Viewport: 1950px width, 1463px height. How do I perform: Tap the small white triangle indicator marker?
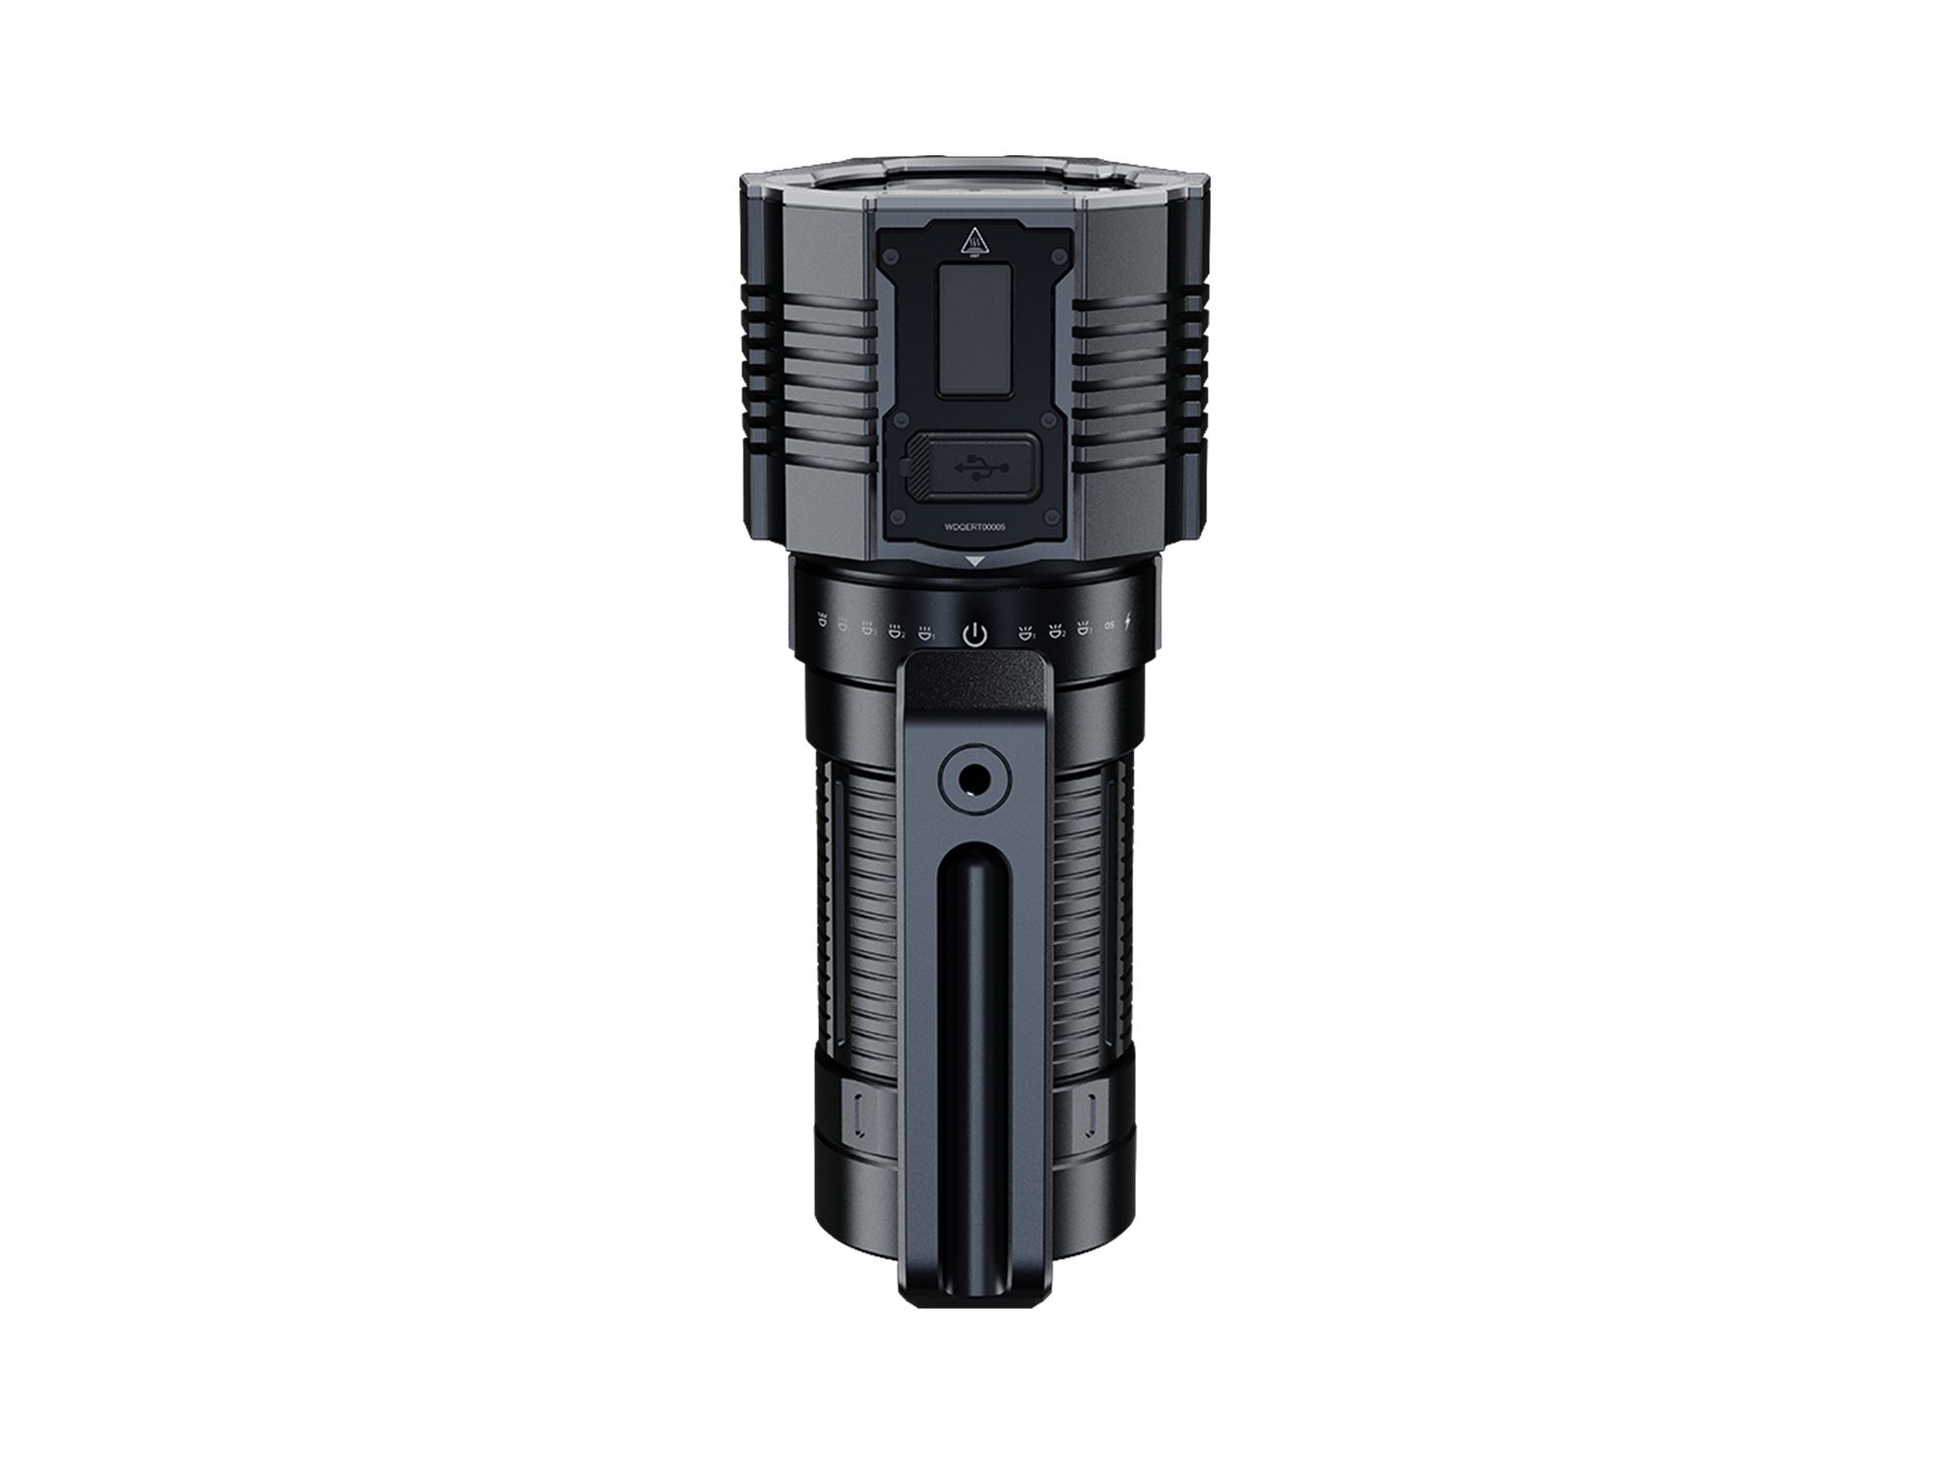pos(975,562)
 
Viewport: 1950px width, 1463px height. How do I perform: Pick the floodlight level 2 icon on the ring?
pos(896,630)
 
